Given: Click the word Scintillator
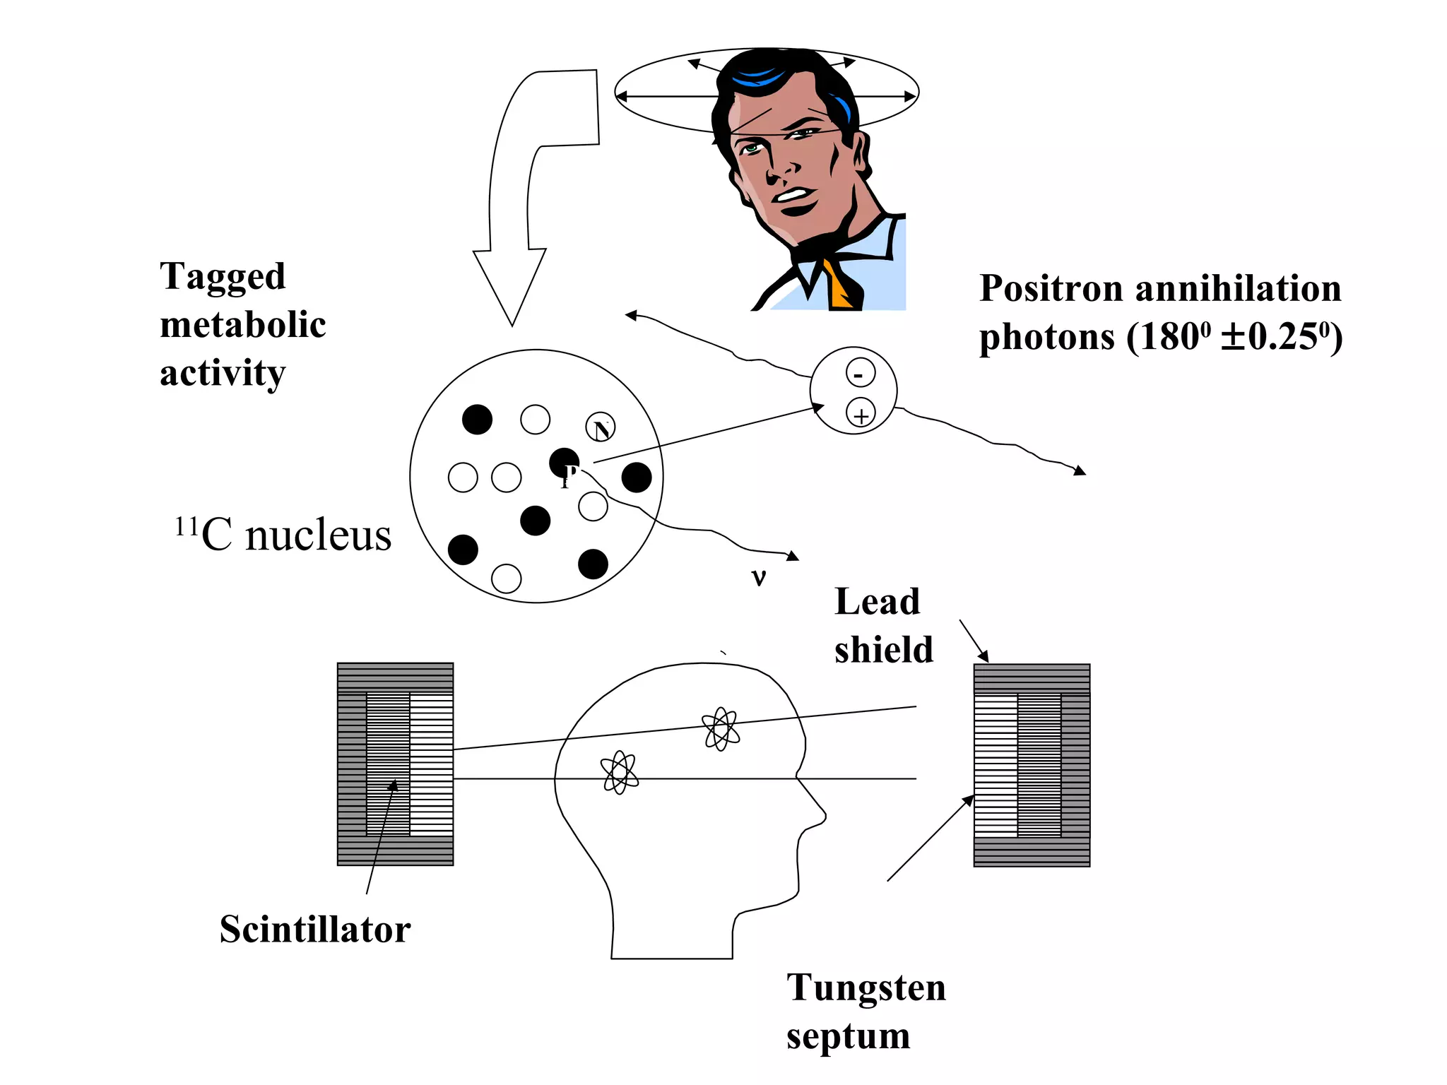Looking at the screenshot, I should coord(315,930).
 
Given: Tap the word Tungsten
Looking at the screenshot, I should coord(866,988).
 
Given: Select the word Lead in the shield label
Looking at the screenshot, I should coord(878,603).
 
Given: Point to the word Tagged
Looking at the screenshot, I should coord(223,277).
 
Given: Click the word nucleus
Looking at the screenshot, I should coord(318,535).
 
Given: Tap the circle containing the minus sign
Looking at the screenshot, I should coord(860,373).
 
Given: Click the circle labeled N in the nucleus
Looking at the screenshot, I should coord(601,427).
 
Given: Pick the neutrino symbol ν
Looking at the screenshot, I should coord(759,579).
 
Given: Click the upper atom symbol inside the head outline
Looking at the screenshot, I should coord(721,728).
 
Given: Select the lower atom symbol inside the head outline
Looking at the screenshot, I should coord(619,772).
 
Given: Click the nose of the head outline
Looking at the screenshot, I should coord(820,816).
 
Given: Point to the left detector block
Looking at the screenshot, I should coord(395,764).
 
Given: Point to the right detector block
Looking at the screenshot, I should coord(1032,765).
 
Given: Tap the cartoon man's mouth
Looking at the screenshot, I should coord(796,201).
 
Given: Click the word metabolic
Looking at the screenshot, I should coord(243,325).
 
